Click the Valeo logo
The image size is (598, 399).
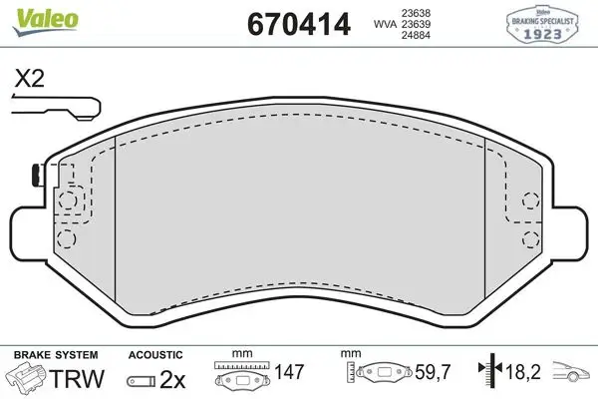pyautogui.click(x=46, y=21)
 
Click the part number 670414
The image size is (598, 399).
pyautogui.click(x=299, y=24)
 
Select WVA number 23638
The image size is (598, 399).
pyautogui.click(x=416, y=13)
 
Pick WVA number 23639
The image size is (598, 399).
pyautogui.click(x=416, y=24)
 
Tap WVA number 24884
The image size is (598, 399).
pyautogui.click(x=416, y=35)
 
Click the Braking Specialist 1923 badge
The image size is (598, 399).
pyautogui.click(x=542, y=24)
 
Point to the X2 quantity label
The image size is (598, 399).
pyautogui.click(x=29, y=79)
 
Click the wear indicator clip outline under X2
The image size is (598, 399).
pyautogui.click(x=57, y=108)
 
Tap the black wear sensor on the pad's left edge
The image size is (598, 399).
pyautogui.click(x=37, y=176)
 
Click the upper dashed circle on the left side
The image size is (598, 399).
pyautogui.click(x=68, y=200)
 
